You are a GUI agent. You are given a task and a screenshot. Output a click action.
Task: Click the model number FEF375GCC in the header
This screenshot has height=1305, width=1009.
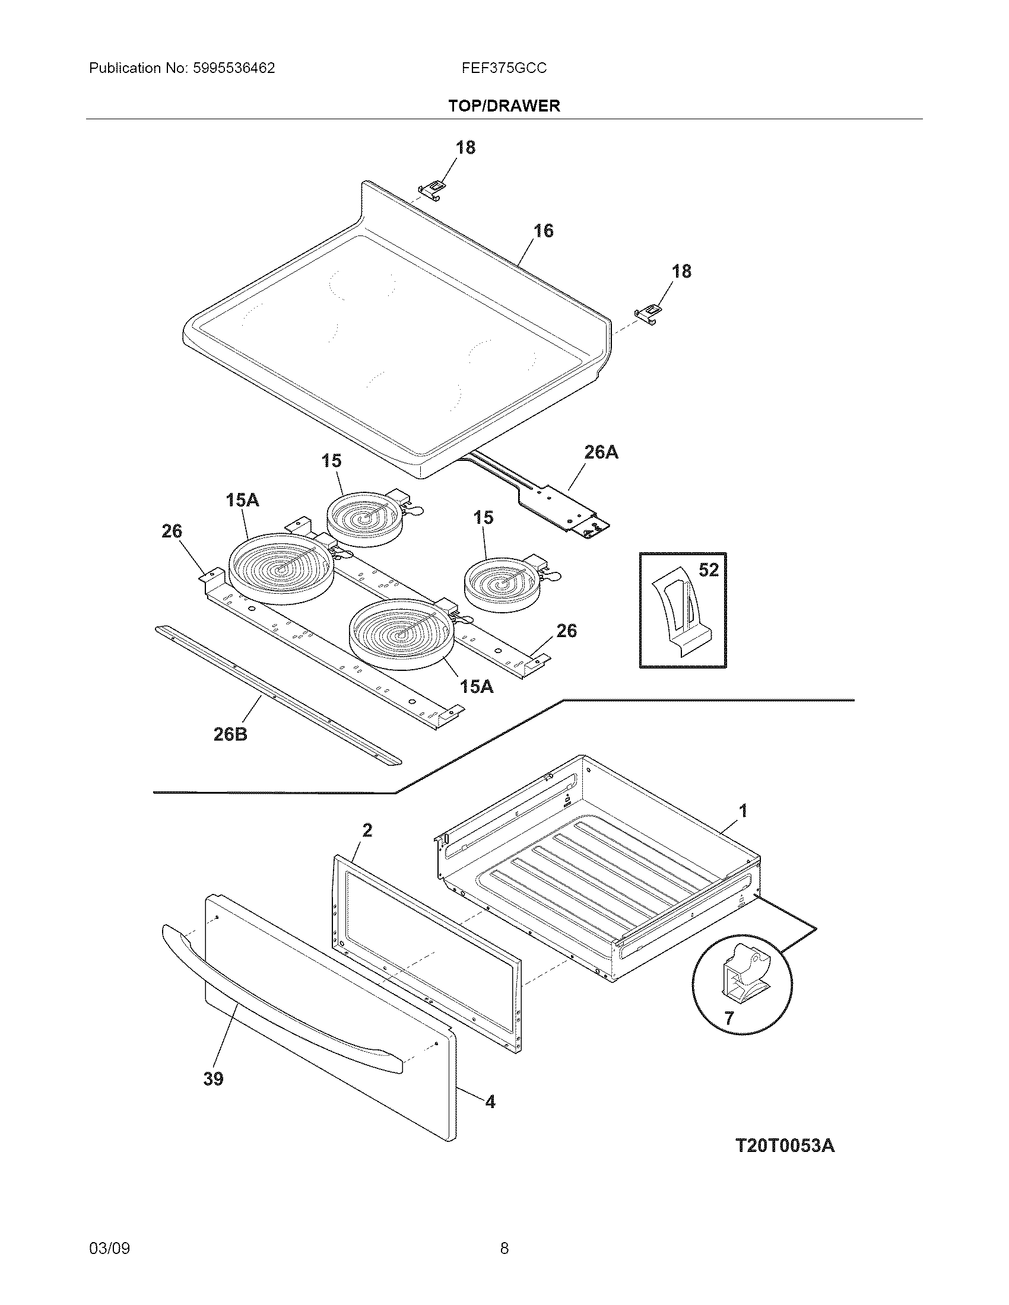(504, 68)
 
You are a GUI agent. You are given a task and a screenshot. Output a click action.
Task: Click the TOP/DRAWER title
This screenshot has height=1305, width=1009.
(504, 106)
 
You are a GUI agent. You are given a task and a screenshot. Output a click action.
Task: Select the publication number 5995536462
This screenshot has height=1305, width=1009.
(233, 68)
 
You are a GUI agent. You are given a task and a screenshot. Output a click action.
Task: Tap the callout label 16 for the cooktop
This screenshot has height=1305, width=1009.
(543, 231)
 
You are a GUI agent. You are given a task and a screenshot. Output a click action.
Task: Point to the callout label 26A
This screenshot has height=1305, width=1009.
(601, 453)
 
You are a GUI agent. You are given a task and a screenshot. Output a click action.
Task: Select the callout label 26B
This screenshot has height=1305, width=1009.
(231, 734)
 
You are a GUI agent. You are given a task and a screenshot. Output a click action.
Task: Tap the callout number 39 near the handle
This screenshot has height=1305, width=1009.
(214, 1079)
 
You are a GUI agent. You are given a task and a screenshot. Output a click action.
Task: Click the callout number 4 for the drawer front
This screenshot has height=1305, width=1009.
(490, 1102)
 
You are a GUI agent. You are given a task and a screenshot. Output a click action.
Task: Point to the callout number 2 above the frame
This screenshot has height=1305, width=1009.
(367, 830)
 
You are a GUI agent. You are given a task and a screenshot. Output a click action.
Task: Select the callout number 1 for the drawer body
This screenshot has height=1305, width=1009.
(743, 811)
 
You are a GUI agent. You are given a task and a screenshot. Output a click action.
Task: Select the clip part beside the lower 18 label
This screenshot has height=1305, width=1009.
(648, 313)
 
